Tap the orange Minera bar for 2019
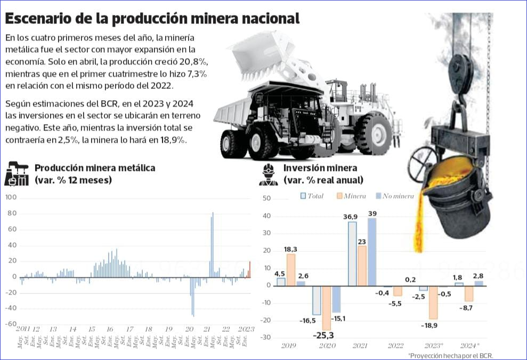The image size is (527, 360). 290,269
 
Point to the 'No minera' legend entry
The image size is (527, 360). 394,196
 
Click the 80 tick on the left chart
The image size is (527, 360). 11,214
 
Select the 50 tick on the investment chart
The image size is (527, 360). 267,199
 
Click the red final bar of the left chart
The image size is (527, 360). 249,269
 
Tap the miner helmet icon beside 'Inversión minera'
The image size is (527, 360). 268,174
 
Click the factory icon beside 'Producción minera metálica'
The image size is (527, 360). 17,173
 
